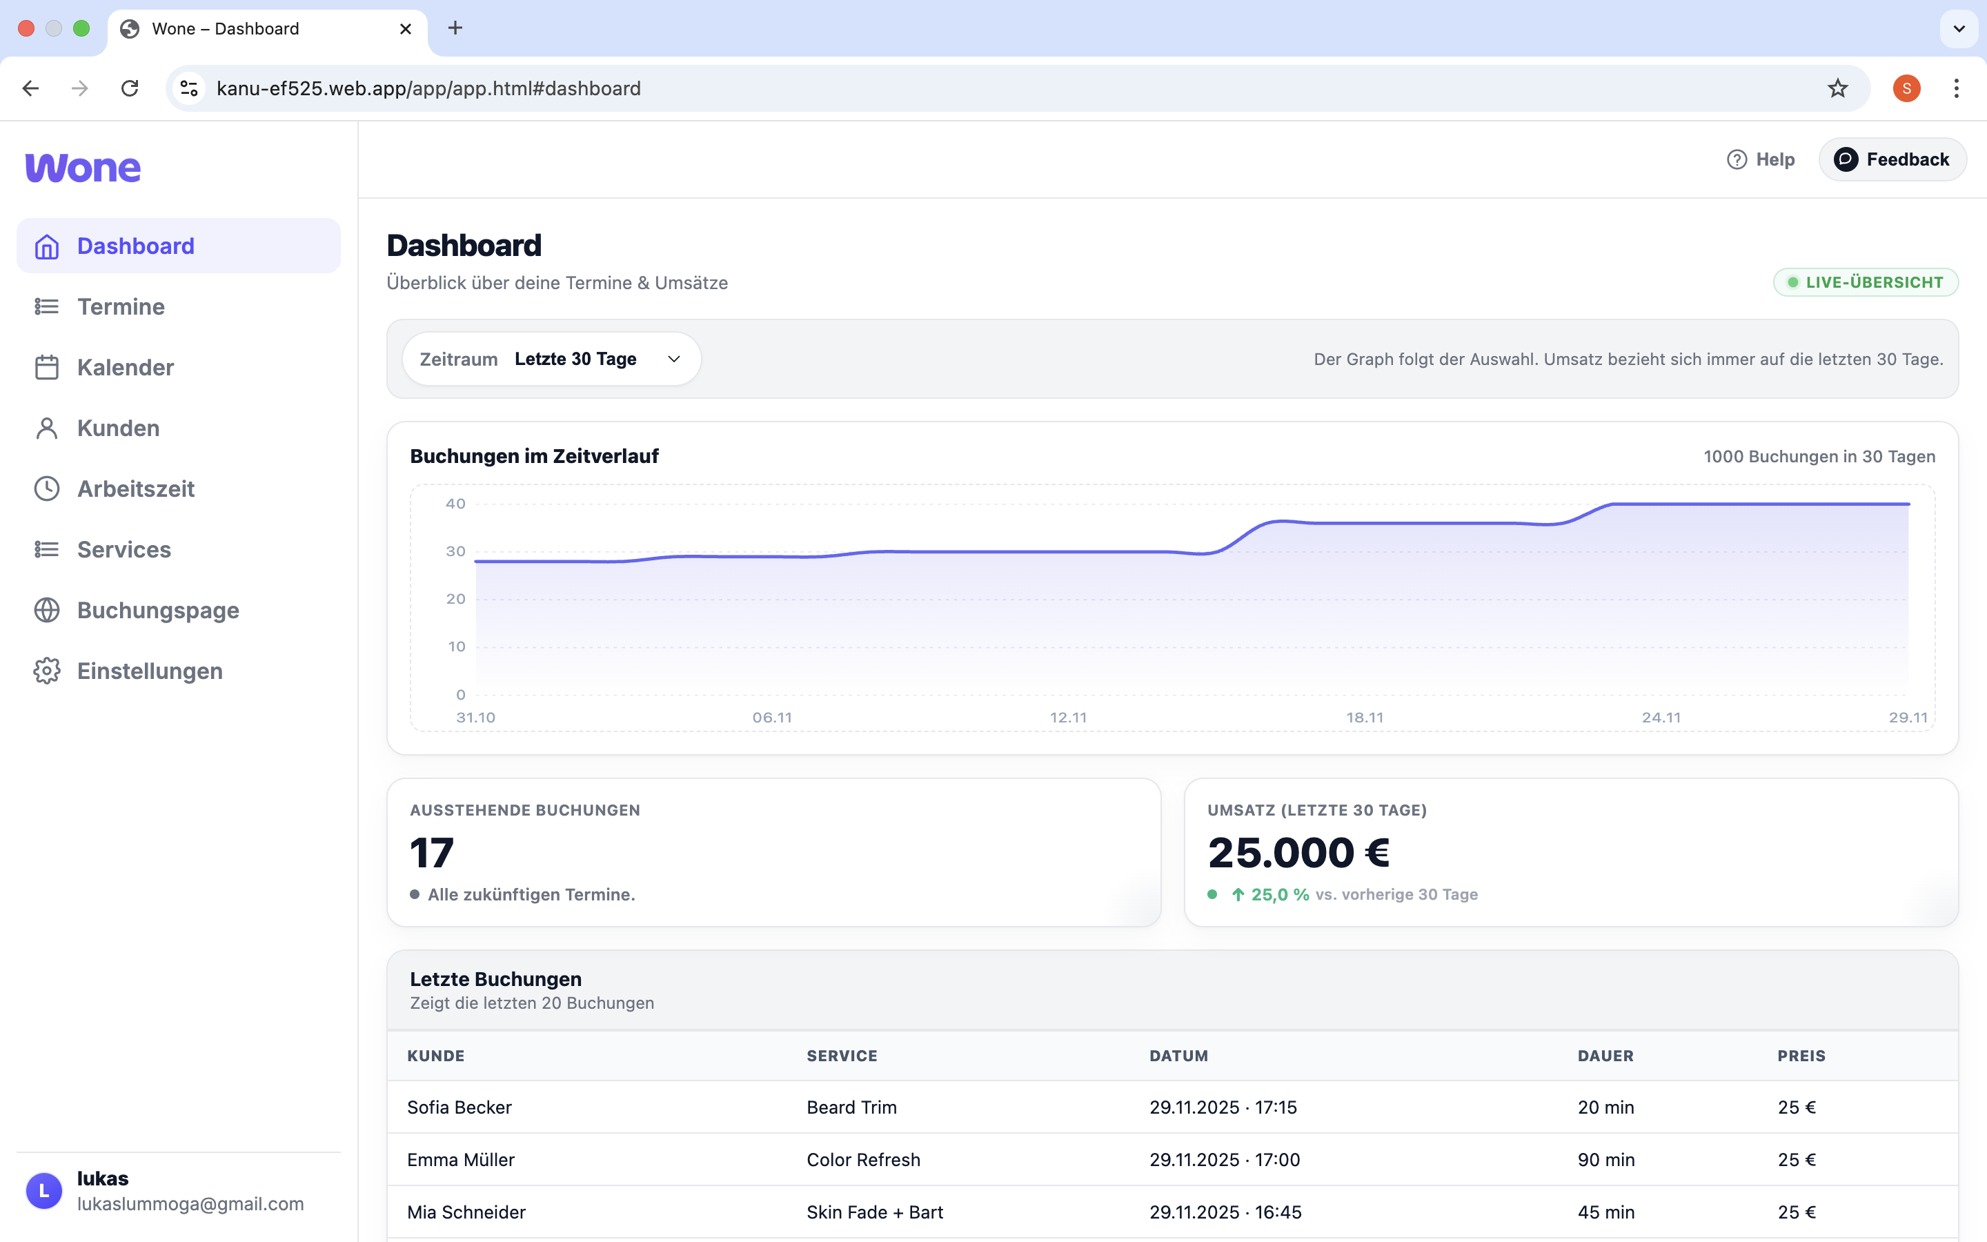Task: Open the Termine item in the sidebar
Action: tap(121, 306)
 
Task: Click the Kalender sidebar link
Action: tap(125, 367)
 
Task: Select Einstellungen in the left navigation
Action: tap(150, 671)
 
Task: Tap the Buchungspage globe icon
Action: tap(47, 611)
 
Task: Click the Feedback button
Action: tap(1892, 159)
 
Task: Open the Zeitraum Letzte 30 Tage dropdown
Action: tap(551, 359)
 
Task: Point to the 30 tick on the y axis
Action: tap(455, 551)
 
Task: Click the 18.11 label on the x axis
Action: tap(1365, 717)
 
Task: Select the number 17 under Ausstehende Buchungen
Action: tap(432, 853)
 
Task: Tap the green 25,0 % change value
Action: tap(1279, 894)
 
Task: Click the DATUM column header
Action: tap(1178, 1056)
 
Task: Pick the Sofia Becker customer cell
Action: tap(459, 1107)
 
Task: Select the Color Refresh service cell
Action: tap(863, 1160)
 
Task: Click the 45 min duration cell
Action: tap(1605, 1212)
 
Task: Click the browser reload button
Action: tap(130, 88)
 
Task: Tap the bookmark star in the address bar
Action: tap(1837, 88)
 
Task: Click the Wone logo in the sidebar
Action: tap(83, 168)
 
